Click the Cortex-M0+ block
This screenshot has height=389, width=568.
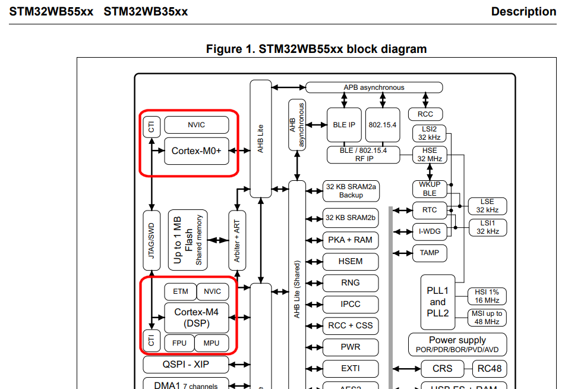click(x=196, y=151)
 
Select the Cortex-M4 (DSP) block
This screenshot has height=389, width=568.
click(x=196, y=318)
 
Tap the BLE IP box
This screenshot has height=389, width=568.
click(x=343, y=125)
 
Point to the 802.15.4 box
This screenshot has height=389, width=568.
click(x=383, y=125)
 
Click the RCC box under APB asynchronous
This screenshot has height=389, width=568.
click(x=425, y=114)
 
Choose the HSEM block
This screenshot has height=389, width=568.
click(x=351, y=261)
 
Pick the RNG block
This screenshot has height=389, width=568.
click(x=351, y=283)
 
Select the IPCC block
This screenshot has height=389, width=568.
click(x=351, y=304)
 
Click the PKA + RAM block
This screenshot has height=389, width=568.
click(x=351, y=240)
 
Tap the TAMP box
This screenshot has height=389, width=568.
click(x=430, y=253)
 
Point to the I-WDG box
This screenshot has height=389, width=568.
click(x=430, y=231)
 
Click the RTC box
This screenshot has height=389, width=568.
click(x=430, y=210)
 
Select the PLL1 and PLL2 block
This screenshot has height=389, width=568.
click(x=438, y=302)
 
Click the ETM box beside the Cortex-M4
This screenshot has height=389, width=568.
click(x=181, y=291)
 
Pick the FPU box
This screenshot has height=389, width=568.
click(x=179, y=343)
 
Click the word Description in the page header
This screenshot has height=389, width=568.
click(x=523, y=11)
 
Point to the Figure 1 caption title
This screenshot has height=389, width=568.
click(x=316, y=49)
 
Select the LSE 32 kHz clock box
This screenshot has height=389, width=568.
click(x=487, y=206)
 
